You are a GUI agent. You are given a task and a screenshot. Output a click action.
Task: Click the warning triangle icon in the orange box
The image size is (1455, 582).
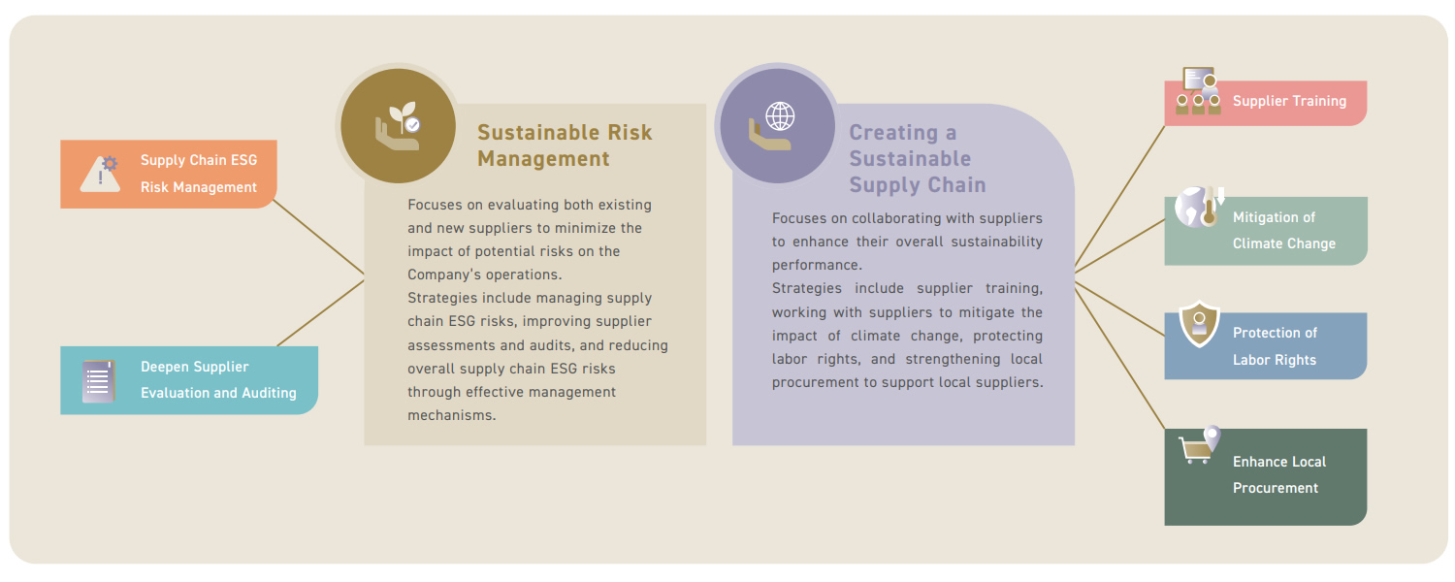(100, 174)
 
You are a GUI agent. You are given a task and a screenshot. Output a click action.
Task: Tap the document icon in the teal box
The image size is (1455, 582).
(99, 381)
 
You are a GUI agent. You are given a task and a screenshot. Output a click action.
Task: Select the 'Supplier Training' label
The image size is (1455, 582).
(1289, 101)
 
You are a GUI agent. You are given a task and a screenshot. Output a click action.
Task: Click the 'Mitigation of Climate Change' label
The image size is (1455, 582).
(1284, 231)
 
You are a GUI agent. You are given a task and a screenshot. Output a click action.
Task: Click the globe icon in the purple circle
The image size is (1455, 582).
(780, 116)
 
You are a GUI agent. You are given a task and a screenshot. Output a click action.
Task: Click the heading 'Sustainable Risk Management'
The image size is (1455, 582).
(565, 145)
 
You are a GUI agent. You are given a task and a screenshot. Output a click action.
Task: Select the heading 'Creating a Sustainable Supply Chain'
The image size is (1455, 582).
(918, 158)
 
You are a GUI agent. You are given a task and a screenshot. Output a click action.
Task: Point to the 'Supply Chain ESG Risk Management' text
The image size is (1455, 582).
(199, 174)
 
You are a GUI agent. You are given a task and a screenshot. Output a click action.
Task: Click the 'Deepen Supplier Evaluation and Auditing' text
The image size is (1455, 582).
(218, 380)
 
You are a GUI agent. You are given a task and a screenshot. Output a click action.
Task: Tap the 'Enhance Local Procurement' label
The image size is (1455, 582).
(1279, 475)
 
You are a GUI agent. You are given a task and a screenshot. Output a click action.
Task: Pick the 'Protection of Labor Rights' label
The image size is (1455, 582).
(1275, 346)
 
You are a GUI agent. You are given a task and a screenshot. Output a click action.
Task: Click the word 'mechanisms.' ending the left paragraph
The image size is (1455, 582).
(451, 416)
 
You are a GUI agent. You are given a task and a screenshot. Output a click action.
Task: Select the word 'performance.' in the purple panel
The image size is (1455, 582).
(817, 266)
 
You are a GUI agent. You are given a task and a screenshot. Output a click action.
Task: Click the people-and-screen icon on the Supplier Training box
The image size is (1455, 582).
(1198, 91)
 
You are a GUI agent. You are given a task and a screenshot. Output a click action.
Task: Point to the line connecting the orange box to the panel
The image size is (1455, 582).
(319, 237)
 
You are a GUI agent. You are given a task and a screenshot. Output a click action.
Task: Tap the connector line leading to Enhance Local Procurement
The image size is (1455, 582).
(1119, 359)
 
